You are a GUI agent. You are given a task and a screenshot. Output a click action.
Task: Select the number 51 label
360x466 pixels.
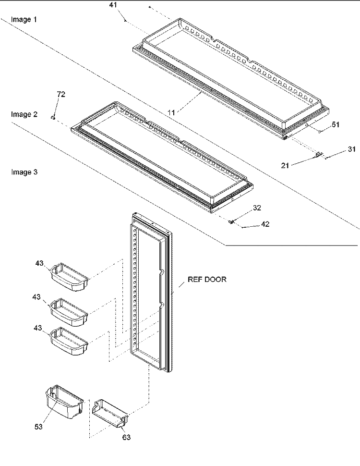pyautogui.click(x=335, y=124)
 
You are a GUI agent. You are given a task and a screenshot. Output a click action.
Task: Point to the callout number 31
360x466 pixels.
pyautogui.click(x=352, y=149)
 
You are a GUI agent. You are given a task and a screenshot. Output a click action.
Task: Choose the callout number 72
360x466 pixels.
pyautogui.click(x=61, y=95)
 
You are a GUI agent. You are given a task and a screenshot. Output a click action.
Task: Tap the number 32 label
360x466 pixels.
pyautogui.click(x=257, y=208)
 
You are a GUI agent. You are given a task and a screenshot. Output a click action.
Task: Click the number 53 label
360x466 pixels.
pyautogui.click(x=38, y=427)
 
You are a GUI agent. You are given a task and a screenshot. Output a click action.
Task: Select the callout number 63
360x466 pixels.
pyautogui.click(x=126, y=437)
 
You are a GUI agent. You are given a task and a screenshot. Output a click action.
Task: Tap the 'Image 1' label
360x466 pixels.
pyautogui.click(x=24, y=20)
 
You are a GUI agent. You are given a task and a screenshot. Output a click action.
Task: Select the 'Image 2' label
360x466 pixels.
pyautogui.click(x=24, y=114)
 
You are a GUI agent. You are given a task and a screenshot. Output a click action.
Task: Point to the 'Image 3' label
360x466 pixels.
pyautogui.click(x=24, y=172)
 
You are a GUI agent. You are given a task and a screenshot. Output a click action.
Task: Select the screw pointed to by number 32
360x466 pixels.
pyautogui.click(x=231, y=221)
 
